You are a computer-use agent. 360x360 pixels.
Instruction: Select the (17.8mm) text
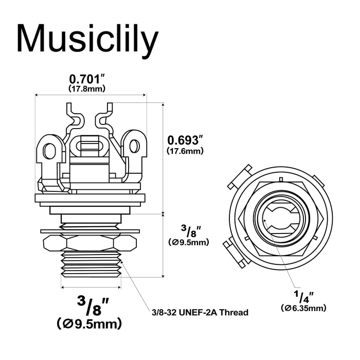87,88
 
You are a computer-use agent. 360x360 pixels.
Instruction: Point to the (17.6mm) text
186,151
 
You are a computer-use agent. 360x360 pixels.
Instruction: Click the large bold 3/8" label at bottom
87,307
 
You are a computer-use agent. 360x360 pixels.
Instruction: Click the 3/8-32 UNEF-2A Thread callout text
200,312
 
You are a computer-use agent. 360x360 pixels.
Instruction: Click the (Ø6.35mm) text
303,308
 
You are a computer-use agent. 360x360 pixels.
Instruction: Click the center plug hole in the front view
280,219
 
